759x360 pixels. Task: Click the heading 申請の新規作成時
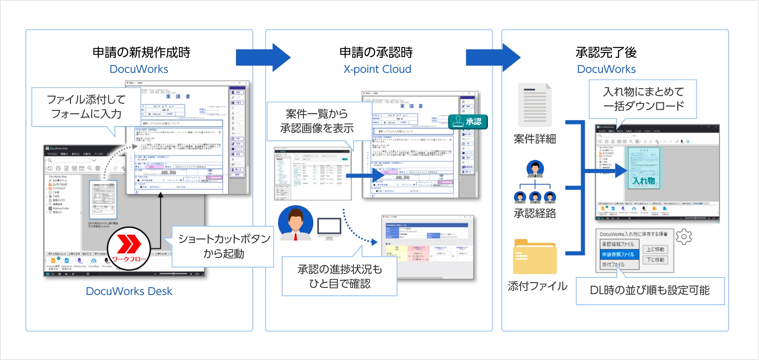tap(141, 52)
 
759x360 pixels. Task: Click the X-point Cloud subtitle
tap(377, 69)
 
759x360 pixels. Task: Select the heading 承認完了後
tap(606, 52)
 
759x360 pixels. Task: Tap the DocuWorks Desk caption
tap(129, 291)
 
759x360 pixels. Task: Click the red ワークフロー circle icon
tap(129, 248)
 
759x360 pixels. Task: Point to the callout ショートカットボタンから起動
tap(224, 246)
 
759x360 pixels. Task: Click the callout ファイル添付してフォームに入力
tap(86, 106)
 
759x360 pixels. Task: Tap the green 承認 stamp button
tap(468, 122)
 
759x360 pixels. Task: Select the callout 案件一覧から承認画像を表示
tap(317, 121)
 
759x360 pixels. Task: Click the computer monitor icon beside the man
tap(329, 229)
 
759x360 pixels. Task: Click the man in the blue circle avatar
tap(295, 223)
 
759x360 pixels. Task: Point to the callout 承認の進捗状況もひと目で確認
tap(339, 276)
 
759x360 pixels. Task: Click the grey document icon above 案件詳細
tap(535, 105)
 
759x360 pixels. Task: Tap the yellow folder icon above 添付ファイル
tap(535, 257)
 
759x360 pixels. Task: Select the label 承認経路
tap(535, 214)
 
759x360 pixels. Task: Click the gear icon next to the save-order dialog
tap(684, 237)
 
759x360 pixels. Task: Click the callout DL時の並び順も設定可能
tap(649, 290)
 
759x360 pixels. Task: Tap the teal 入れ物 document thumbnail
tap(644, 168)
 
